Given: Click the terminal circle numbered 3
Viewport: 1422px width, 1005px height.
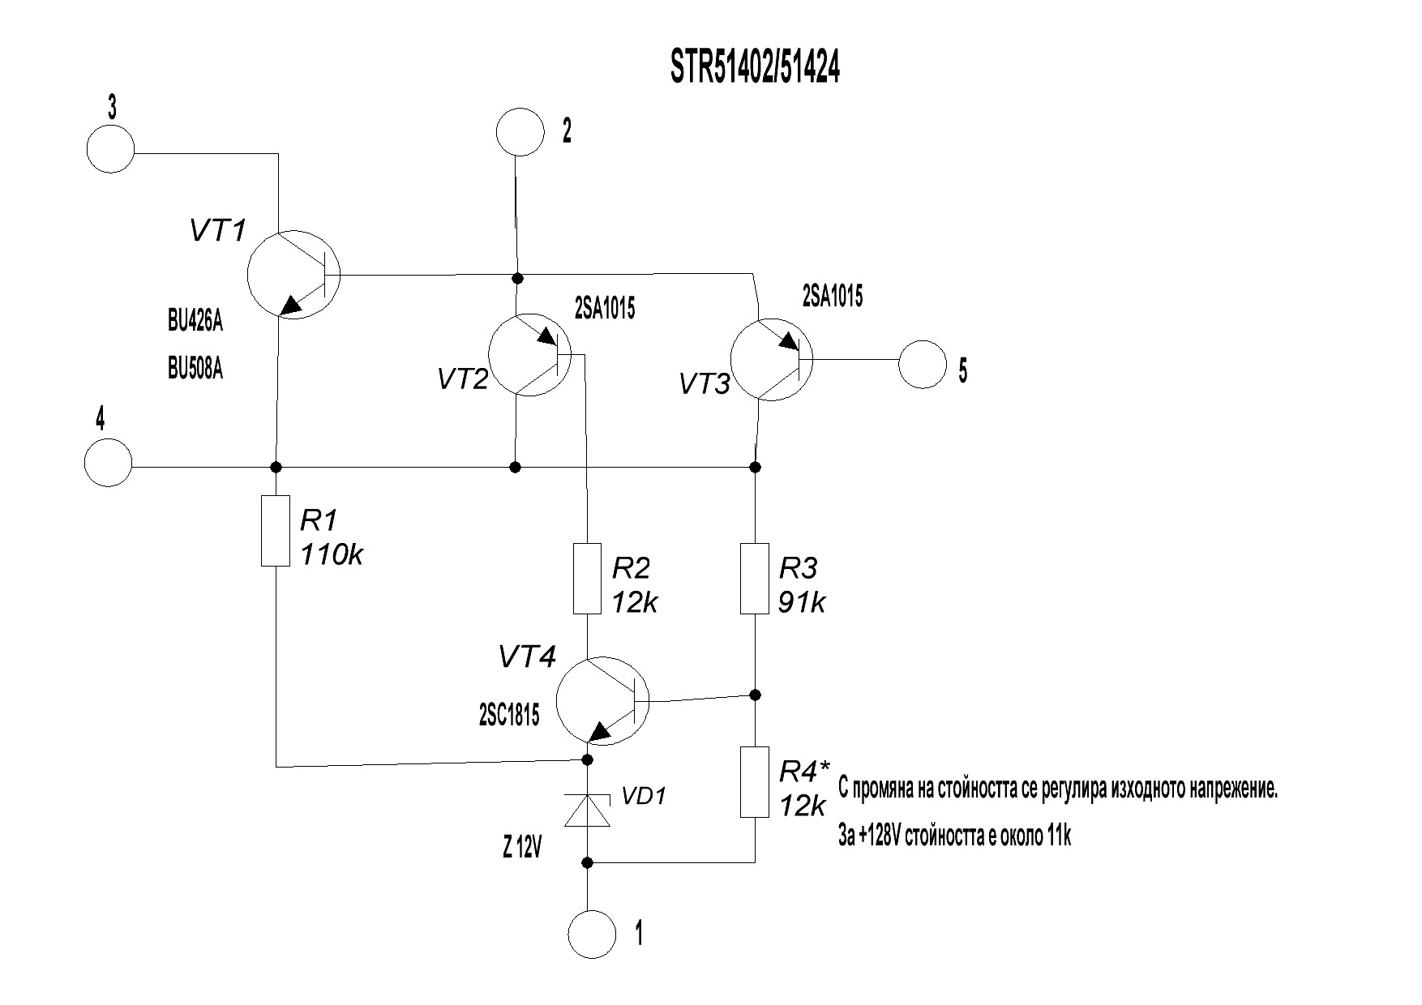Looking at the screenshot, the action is pyautogui.click(x=110, y=149).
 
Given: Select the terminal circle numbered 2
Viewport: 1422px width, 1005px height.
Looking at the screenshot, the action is pyautogui.click(x=519, y=131).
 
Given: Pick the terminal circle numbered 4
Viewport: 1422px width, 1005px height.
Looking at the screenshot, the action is pyautogui.click(x=108, y=463).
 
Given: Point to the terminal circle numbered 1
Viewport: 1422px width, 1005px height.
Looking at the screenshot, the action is pyautogui.click(x=593, y=934).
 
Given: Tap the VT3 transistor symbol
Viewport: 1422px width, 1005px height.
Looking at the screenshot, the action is pyautogui.click(x=770, y=358).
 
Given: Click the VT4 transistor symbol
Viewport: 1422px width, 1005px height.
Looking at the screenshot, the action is pyautogui.click(x=602, y=701).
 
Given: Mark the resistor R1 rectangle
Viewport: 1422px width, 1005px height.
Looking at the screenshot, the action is pyautogui.click(x=276, y=532).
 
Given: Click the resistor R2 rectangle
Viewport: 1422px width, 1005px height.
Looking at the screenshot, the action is pyautogui.click(x=587, y=579).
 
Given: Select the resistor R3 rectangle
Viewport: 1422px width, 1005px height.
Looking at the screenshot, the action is pyautogui.click(x=755, y=579).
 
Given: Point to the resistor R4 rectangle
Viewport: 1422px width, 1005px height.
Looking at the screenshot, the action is pyautogui.click(x=755, y=782).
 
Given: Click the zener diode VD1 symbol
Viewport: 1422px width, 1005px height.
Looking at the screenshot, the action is pyautogui.click(x=587, y=810).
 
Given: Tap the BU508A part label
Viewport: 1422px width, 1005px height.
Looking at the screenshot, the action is pyautogui.click(x=195, y=370).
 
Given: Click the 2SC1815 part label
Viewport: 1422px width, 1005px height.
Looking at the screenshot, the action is pyautogui.click(x=508, y=715).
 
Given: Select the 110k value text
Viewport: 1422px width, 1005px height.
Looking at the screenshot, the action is pyautogui.click(x=332, y=555).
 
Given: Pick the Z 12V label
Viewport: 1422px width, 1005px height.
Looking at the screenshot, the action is pyautogui.click(x=520, y=849).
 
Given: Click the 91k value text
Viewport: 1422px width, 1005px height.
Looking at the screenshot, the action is pyautogui.click(x=802, y=603).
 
